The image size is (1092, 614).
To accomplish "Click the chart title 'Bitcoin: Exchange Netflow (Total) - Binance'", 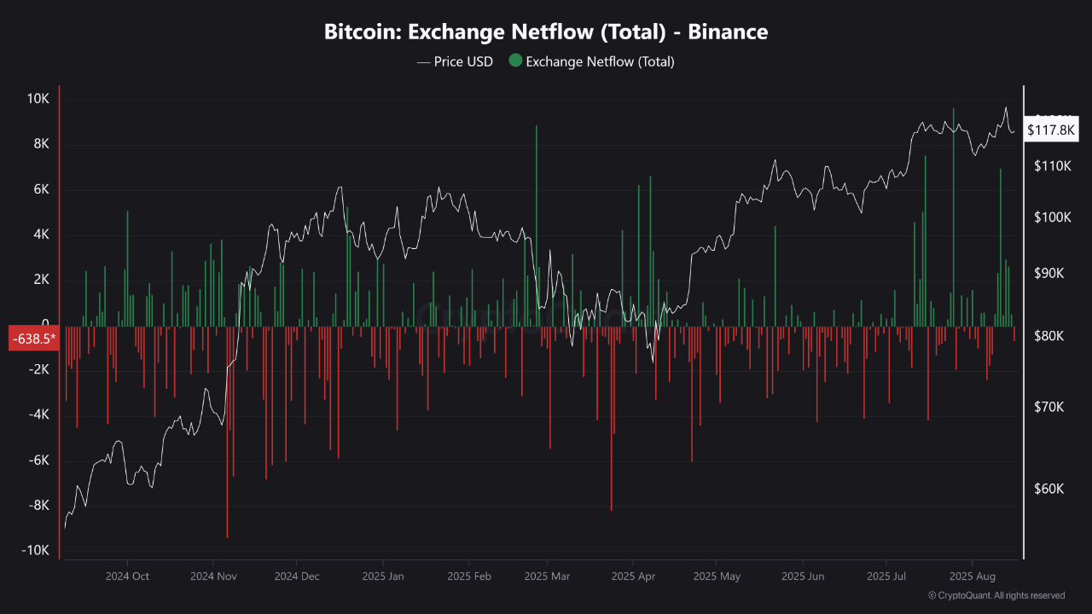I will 546,32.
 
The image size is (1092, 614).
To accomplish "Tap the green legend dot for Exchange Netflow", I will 514,61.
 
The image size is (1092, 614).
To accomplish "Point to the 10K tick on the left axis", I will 38,99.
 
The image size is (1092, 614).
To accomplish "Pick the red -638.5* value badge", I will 33,339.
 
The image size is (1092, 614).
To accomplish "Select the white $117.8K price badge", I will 1052,130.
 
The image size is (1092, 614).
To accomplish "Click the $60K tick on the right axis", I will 1050,489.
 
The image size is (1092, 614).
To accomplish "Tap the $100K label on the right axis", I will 1052,217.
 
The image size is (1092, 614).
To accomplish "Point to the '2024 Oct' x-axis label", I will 127,576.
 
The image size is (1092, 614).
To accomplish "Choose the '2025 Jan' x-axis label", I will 384,576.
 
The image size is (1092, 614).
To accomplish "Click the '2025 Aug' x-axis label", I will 973,576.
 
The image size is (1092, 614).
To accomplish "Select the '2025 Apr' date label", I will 634,576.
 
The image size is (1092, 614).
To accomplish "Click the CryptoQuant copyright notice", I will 996,595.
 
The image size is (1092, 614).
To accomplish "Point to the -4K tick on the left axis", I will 38,414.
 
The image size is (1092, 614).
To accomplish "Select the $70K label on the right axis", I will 1050,407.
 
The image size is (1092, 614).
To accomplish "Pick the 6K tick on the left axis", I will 41,189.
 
